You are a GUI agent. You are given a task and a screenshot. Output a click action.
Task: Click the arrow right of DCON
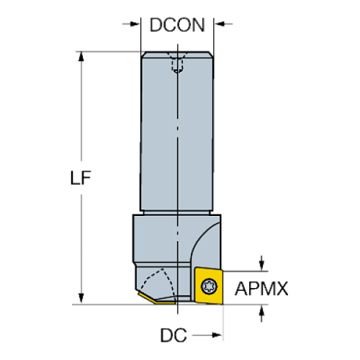click(x=226, y=26)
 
